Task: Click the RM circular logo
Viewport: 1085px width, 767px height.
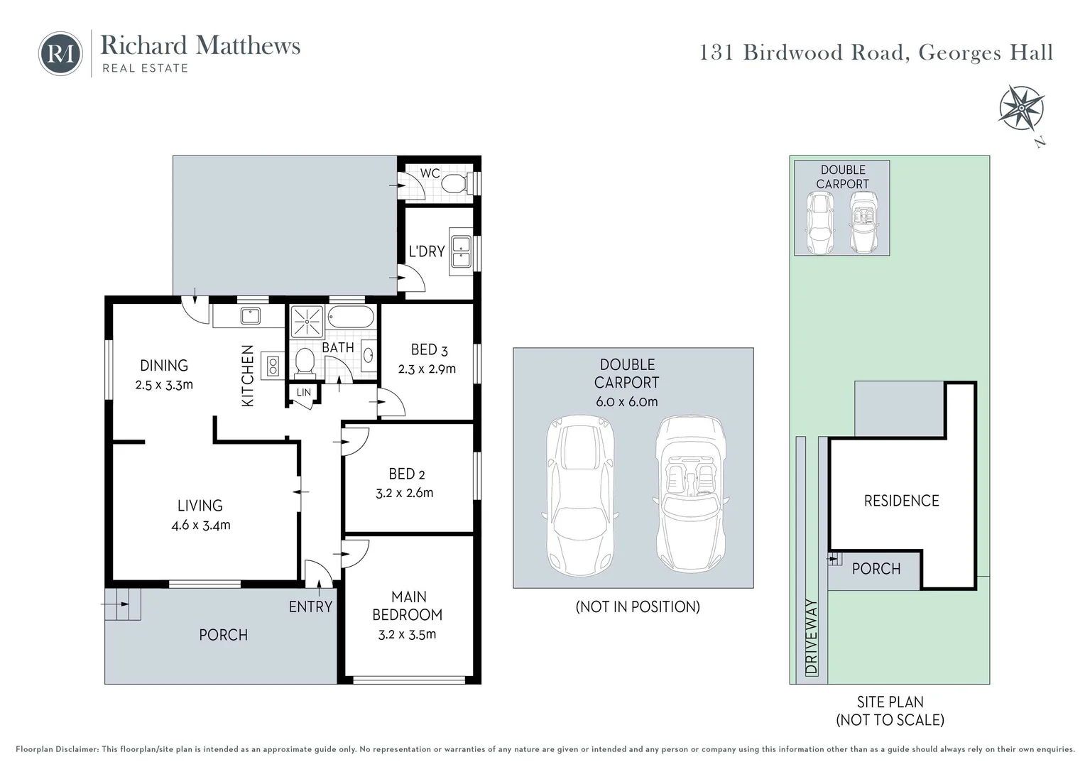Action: tap(60, 53)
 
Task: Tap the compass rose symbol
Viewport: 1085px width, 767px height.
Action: tap(1020, 109)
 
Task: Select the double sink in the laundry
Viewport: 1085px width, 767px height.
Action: tap(461, 251)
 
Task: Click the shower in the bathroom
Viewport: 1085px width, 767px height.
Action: tap(307, 322)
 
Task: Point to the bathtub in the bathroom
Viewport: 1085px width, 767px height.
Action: tap(351, 317)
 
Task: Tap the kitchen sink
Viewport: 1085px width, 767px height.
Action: tap(250, 315)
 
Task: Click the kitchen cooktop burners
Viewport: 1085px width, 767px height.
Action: tap(272, 365)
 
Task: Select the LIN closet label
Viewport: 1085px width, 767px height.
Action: tap(303, 393)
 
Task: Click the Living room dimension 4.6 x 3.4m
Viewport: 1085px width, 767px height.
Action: tap(200, 526)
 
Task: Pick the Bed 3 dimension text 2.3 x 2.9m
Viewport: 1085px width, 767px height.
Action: tap(427, 369)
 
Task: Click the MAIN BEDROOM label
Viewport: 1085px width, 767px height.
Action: tap(408, 606)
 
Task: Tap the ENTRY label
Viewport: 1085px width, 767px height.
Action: tap(310, 606)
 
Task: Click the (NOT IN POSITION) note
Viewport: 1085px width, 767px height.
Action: tap(637, 606)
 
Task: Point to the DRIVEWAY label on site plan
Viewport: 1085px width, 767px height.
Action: tap(812, 637)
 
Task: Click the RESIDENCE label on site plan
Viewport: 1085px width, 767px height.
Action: tap(901, 501)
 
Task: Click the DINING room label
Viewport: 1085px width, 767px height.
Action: tap(164, 366)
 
